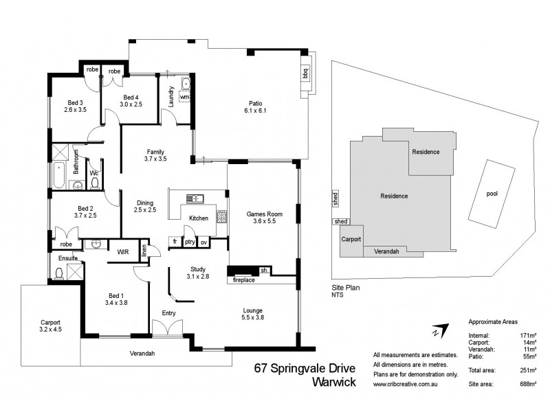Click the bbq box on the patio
click(305, 73)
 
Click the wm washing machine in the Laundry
click(184, 98)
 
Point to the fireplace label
click(244, 279)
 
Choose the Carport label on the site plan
click(351, 240)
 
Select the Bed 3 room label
click(74, 104)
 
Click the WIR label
click(124, 251)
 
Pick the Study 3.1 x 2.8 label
click(203, 273)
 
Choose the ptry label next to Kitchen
click(190, 242)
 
